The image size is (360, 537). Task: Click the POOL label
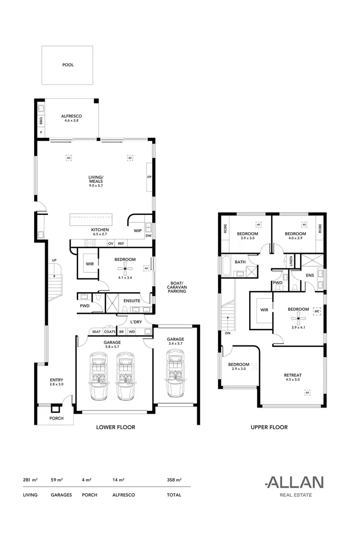pyautogui.click(x=68, y=65)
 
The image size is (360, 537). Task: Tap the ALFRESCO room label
pyautogui.click(x=72, y=116)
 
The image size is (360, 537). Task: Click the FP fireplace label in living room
pyautogui.click(x=149, y=178)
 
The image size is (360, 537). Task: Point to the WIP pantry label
pyautogui.click(x=138, y=230)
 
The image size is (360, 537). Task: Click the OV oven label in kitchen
pyautogui.click(x=110, y=244)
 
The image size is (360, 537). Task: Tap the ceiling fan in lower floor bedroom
pyautogui.click(x=125, y=268)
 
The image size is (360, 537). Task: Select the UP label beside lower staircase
pyautogui.click(x=54, y=261)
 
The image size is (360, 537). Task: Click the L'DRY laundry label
pyautogui.click(x=135, y=322)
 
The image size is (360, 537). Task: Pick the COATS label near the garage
pyautogui.click(x=109, y=332)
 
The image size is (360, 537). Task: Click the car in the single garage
pyautogui.click(x=176, y=373)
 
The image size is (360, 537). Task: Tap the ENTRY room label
pyautogui.click(x=56, y=380)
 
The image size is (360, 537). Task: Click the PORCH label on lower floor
pyautogui.click(x=56, y=418)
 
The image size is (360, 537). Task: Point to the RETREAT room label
pyautogui.click(x=292, y=375)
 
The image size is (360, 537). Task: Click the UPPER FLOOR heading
pyautogui.click(x=269, y=427)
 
